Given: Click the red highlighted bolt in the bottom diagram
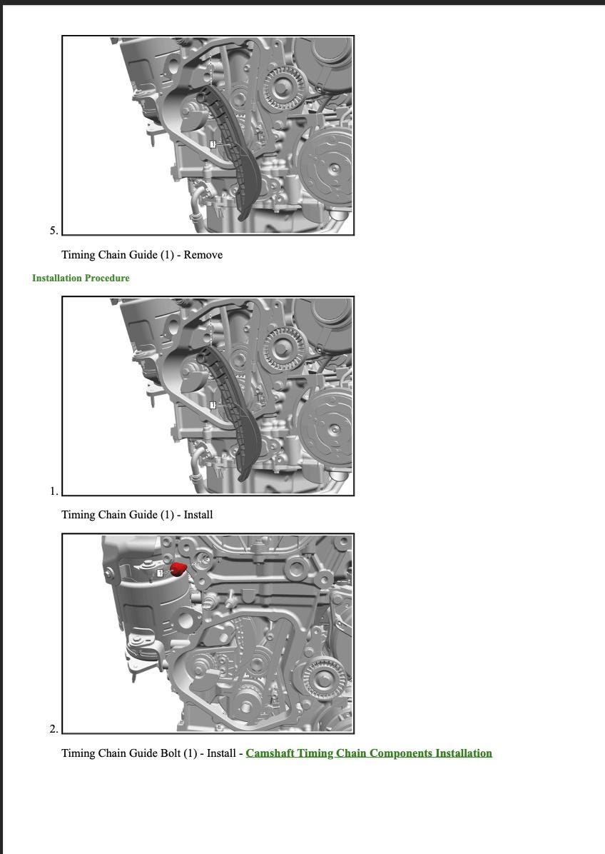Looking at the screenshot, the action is coord(178,569).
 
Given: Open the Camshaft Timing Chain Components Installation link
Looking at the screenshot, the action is coord(369,753).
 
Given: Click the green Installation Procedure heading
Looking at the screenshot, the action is coord(81,278).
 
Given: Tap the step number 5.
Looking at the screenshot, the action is coord(54,231).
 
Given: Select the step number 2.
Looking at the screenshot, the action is coord(54,729).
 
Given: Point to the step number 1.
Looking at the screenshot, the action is coord(54,491).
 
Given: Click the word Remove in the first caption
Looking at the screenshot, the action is coord(203,255).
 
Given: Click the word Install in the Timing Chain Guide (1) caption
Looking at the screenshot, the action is coord(198,515).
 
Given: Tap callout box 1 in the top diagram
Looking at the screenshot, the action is coord(213,144).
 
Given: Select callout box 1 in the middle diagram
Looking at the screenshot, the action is coord(213,405).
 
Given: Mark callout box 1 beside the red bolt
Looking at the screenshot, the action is coord(161,573).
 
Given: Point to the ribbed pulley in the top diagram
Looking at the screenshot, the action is coord(283,87).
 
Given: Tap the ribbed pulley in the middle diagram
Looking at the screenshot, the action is coord(283,348).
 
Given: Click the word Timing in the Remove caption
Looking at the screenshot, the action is coord(78,255).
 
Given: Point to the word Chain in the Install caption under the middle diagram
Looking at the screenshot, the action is coord(111,515).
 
